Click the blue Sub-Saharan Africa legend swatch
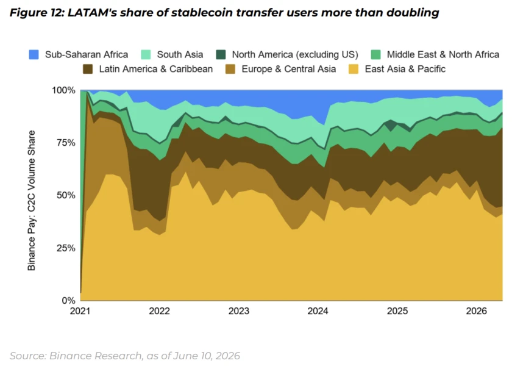[34, 54]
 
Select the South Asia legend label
[180, 54]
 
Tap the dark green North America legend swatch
[221, 54]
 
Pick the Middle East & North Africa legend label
[443, 54]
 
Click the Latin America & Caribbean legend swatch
[88, 69]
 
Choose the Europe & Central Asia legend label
[289, 69]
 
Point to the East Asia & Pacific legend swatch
[354, 69]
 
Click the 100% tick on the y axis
[63, 90]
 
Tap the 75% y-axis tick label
[66, 143]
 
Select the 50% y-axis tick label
[66, 195]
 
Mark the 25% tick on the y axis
[66, 248]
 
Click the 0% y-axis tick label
[68, 300]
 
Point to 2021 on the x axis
[80, 310]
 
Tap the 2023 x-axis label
[239, 310]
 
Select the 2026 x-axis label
[477, 310]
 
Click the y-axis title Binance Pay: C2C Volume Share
[31, 201]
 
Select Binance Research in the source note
[96, 356]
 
